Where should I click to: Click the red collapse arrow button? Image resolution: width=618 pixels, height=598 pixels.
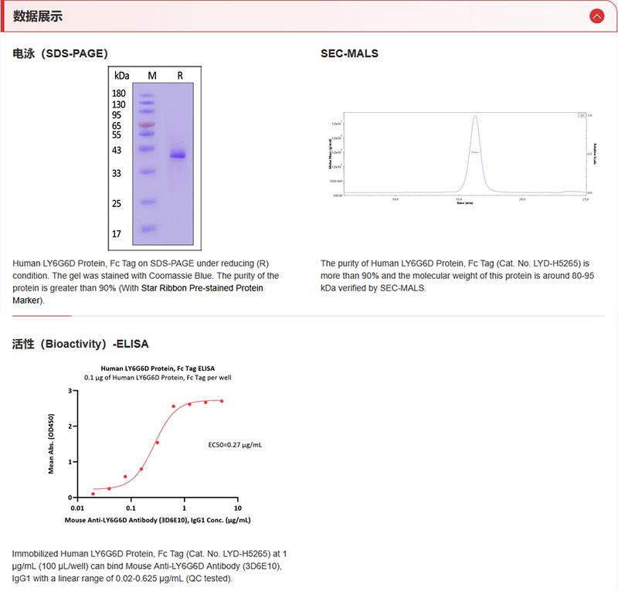(596, 15)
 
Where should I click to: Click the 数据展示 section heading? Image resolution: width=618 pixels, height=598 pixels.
(38, 16)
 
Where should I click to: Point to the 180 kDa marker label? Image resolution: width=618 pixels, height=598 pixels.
(119, 93)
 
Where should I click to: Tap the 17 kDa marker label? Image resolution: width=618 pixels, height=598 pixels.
(117, 233)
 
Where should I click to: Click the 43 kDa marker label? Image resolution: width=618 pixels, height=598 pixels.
(117, 150)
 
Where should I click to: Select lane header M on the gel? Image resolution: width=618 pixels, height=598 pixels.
(152, 76)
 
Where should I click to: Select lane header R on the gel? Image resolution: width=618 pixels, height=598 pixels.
(180, 76)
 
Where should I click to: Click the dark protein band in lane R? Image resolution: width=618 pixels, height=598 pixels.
(178, 155)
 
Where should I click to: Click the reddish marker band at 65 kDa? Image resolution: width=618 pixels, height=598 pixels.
(147, 124)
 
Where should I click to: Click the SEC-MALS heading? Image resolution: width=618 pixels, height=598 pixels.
(349, 53)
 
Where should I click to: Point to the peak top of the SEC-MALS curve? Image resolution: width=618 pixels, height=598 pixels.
(475, 117)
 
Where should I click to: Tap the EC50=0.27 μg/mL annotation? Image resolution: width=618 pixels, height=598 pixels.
(235, 445)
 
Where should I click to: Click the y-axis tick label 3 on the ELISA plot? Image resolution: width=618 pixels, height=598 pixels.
(70, 391)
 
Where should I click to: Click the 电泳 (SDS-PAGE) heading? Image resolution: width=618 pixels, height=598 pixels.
(60, 53)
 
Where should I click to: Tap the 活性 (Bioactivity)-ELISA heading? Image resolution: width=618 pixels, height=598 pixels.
(80, 344)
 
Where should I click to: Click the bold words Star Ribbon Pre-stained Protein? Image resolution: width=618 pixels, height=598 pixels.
(202, 288)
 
